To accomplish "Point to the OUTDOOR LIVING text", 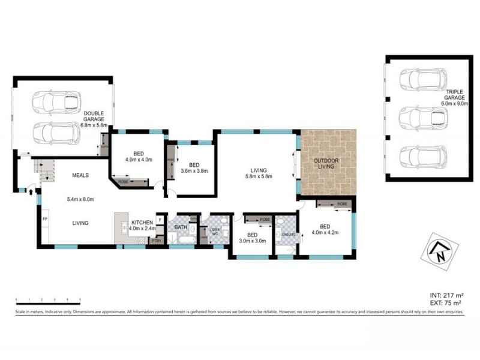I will point(327,164).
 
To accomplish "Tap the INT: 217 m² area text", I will point(446,295).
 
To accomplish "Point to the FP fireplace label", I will point(44,218).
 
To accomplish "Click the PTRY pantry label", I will point(155,241).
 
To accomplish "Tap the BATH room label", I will point(181,227).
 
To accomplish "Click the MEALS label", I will point(80,176).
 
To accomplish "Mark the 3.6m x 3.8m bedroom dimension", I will point(194,170).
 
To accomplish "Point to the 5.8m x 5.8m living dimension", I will point(259,176).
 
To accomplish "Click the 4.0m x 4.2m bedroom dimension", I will point(325,233).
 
